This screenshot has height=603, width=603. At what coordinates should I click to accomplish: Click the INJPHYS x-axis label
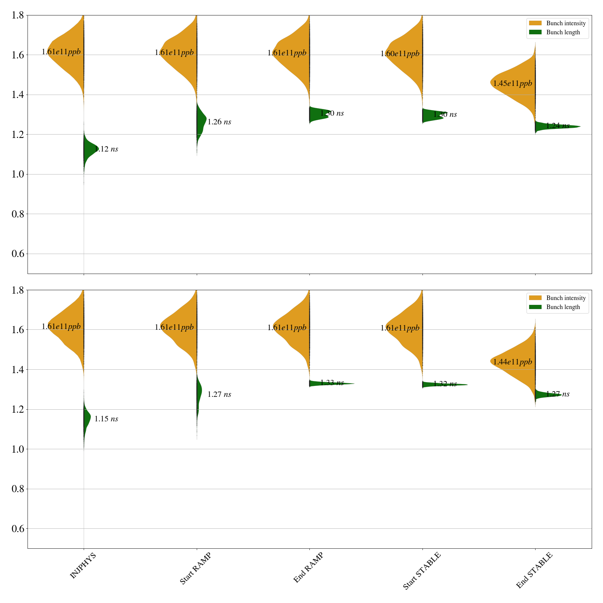tap(83, 565)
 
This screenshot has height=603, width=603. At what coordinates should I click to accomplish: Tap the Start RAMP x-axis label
tap(195, 568)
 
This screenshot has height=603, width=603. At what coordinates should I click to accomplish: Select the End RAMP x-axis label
tap(308, 568)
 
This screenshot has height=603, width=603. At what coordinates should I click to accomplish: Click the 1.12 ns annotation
tap(106, 149)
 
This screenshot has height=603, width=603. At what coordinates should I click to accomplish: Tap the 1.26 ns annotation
tap(219, 122)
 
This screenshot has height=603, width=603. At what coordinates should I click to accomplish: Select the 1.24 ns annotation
tap(558, 125)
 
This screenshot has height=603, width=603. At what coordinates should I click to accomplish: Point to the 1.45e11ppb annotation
tap(513, 83)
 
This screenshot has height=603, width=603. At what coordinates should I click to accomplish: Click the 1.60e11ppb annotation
tap(400, 54)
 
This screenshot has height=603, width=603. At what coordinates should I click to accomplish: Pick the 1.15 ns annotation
tap(106, 419)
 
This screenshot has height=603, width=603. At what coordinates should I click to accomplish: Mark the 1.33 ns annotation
tap(332, 383)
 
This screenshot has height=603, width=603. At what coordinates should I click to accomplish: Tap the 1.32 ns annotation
tap(445, 384)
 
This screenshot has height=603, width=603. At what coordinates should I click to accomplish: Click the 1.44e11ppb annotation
tap(513, 362)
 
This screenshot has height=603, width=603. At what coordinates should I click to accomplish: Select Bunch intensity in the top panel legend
tap(566, 23)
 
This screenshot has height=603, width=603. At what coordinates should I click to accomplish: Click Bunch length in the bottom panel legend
tap(563, 307)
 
